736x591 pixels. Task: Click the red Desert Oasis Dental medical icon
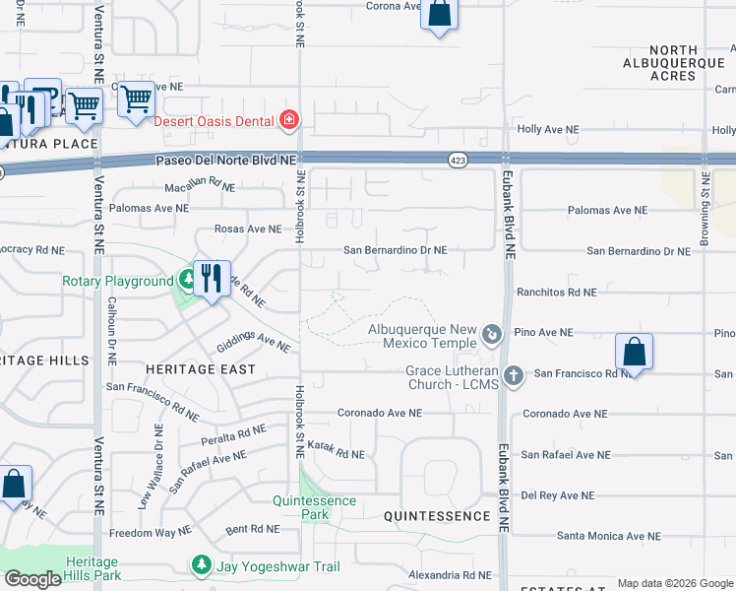pos(289,121)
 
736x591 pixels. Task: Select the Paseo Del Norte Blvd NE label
pos(225,160)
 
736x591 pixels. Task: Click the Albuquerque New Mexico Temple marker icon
pos(493,337)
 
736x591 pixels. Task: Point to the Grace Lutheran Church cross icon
pos(512,376)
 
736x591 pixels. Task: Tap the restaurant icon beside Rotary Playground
pos(211,279)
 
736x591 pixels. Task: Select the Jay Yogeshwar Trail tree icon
pos(201,565)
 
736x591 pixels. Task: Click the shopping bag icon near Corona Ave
pos(440,14)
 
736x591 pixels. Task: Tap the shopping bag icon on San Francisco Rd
pos(635,352)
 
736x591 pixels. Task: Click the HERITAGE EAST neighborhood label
pos(201,369)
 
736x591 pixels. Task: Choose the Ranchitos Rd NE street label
pos(557,293)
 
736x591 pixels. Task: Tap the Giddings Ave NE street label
pos(254,342)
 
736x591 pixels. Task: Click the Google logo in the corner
pos(32,579)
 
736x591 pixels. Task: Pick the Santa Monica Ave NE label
pos(607,536)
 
